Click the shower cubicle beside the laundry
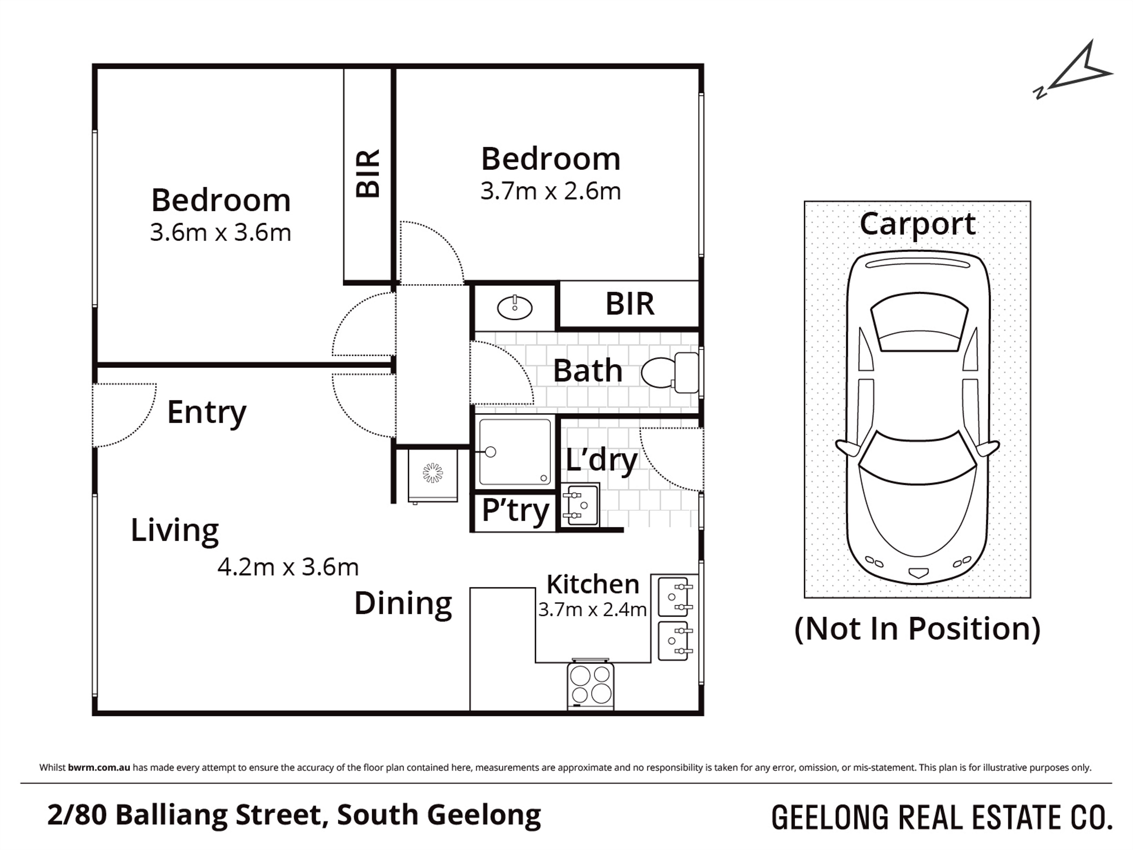click(514, 452)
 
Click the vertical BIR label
click(368, 174)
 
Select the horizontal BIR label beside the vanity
click(629, 304)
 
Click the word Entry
click(206, 413)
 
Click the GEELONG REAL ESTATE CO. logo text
click(942, 818)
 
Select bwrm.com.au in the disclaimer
click(99, 768)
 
